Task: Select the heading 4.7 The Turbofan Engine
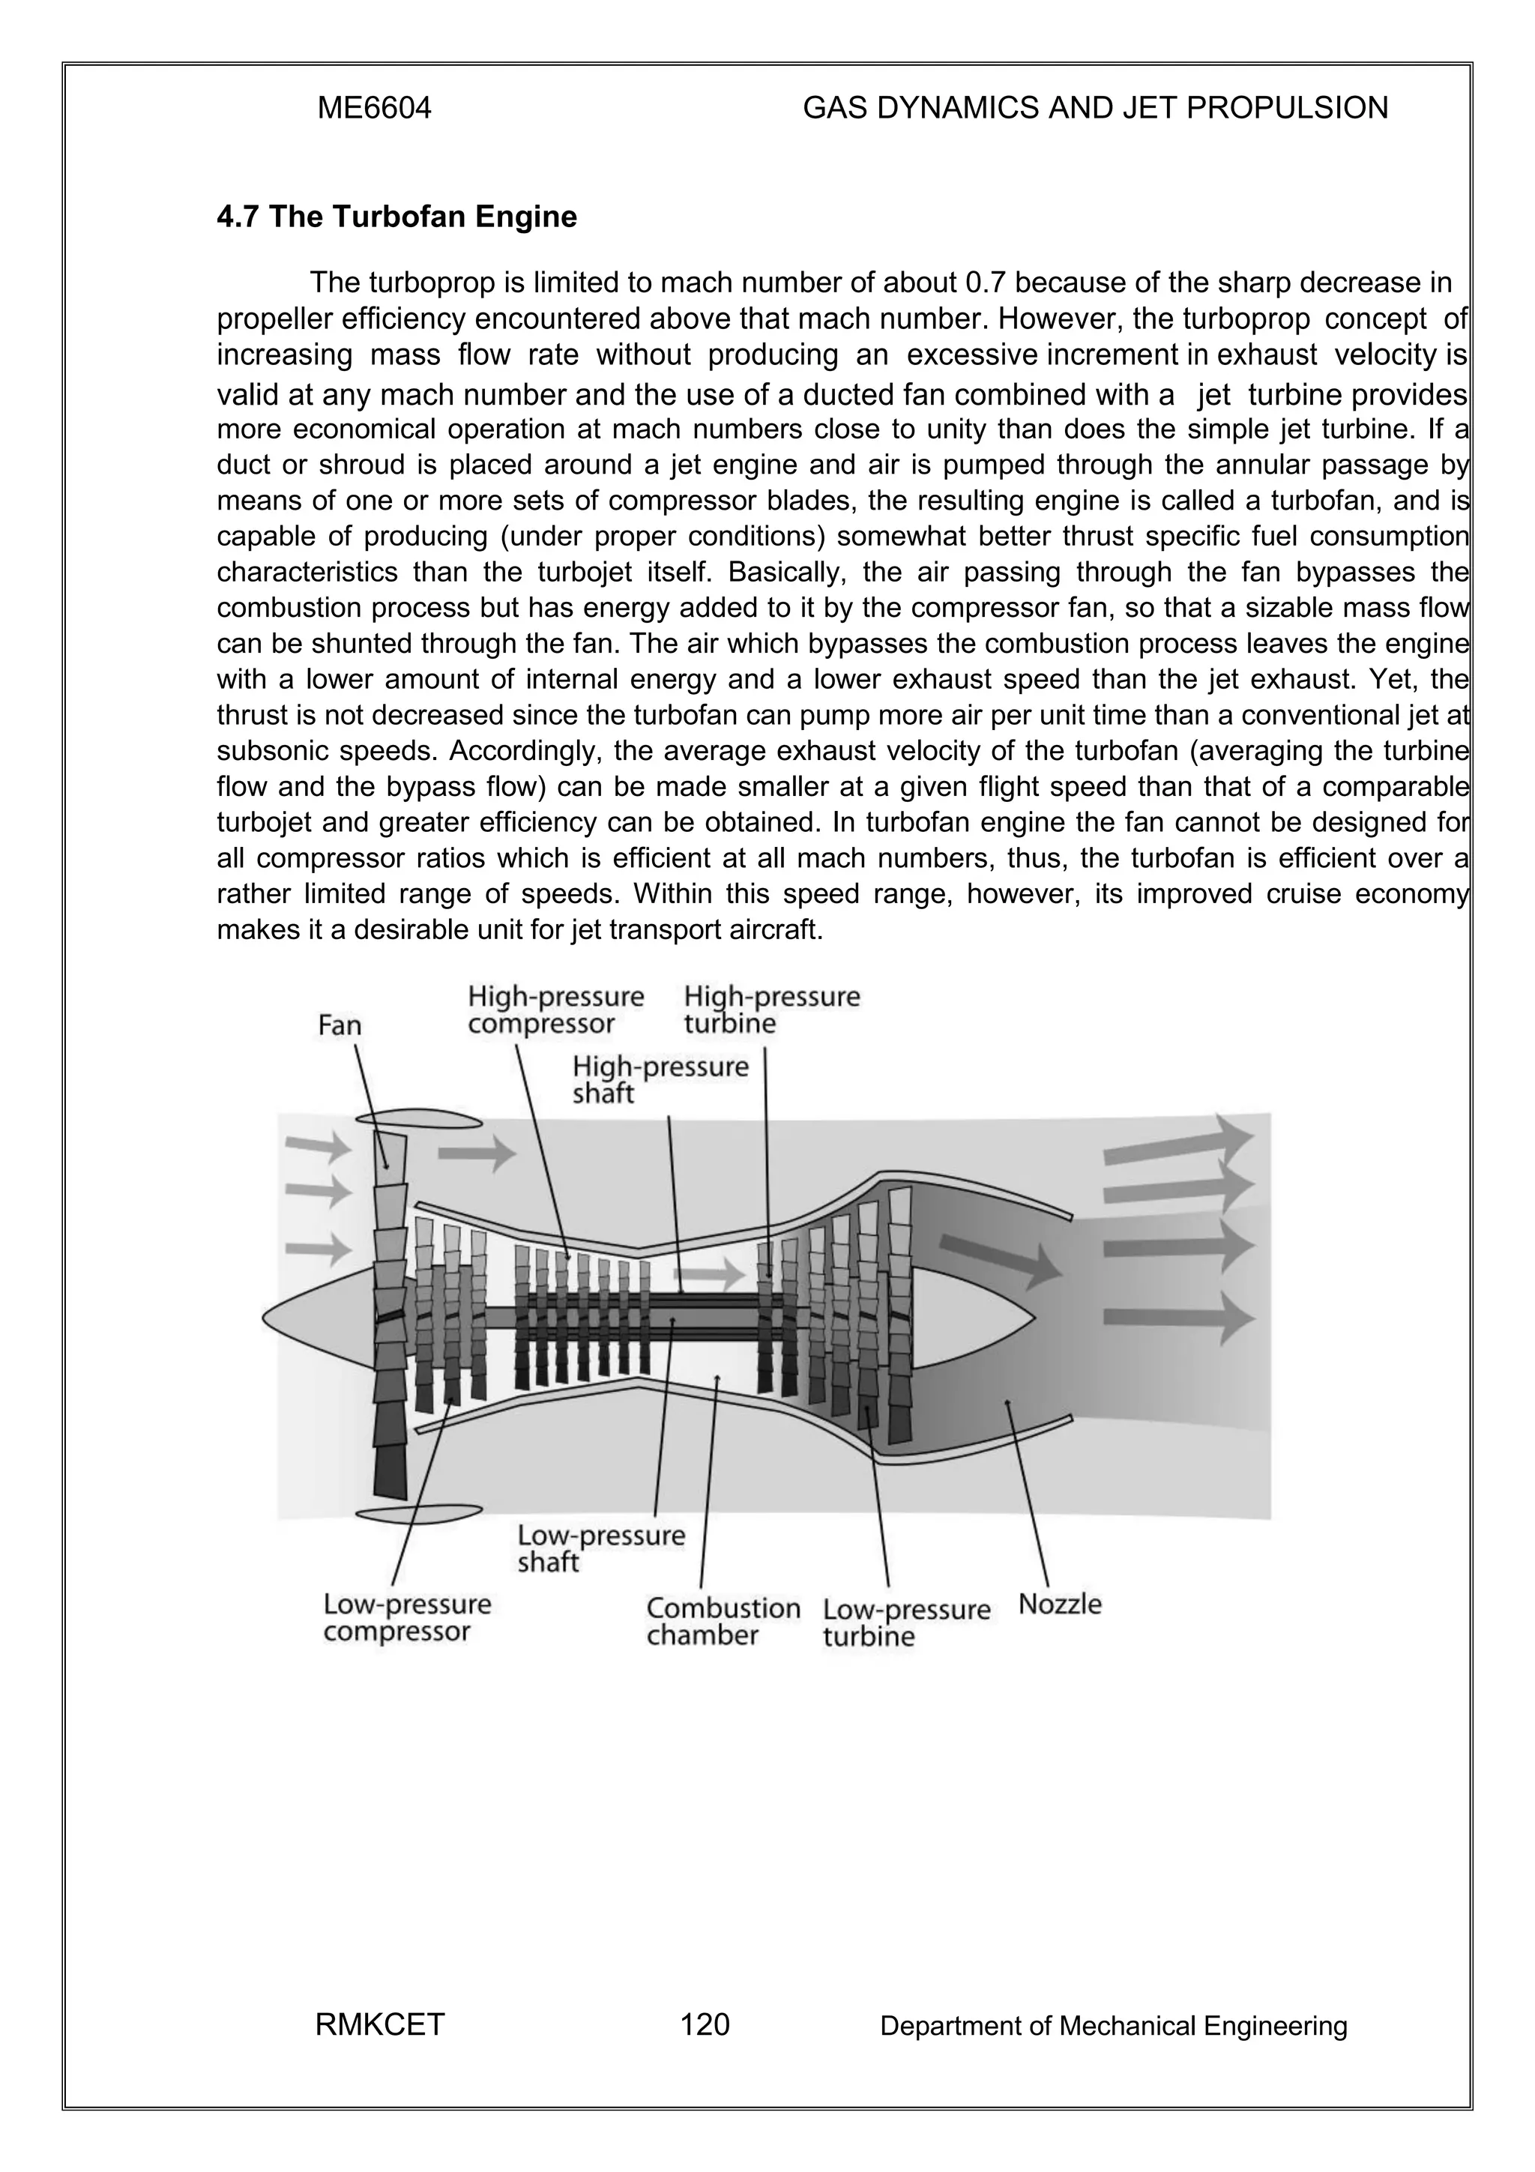click(x=396, y=217)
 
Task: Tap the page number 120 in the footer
click(x=705, y=2024)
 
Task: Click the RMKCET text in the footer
click(x=379, y=2024)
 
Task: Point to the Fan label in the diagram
click(x=340, y=1025)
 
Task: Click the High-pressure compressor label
click(x=555, y=1010)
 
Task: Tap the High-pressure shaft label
click(x=660, y=1079)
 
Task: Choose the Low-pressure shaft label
click(x=600, y=1548)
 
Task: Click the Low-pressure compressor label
click(x=407, y=1617)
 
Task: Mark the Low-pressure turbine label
click(x=905, y=1623)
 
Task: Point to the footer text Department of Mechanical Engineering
click(x=1112, y=2025)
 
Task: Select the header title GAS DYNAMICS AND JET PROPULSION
click(x=1095, y=109)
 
